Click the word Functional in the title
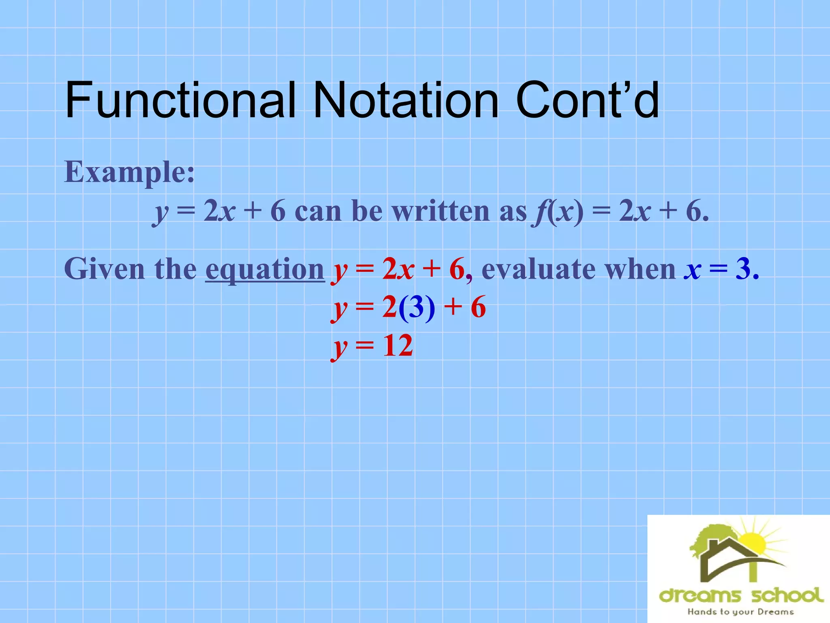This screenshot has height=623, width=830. coord(180,100)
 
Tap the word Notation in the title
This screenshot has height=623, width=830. coord(405,100)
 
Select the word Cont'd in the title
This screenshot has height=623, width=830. coord(588,100)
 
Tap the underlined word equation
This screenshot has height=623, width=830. coord(265,269)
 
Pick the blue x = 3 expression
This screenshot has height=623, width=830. coord(721,269)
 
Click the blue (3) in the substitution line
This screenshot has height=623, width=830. coord(417,307)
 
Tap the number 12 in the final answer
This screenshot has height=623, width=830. coord(398,346)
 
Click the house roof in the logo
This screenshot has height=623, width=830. coord(725,546)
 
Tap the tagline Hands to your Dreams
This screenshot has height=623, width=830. coord(740,612)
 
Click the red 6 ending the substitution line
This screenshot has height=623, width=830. coord(478,307)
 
